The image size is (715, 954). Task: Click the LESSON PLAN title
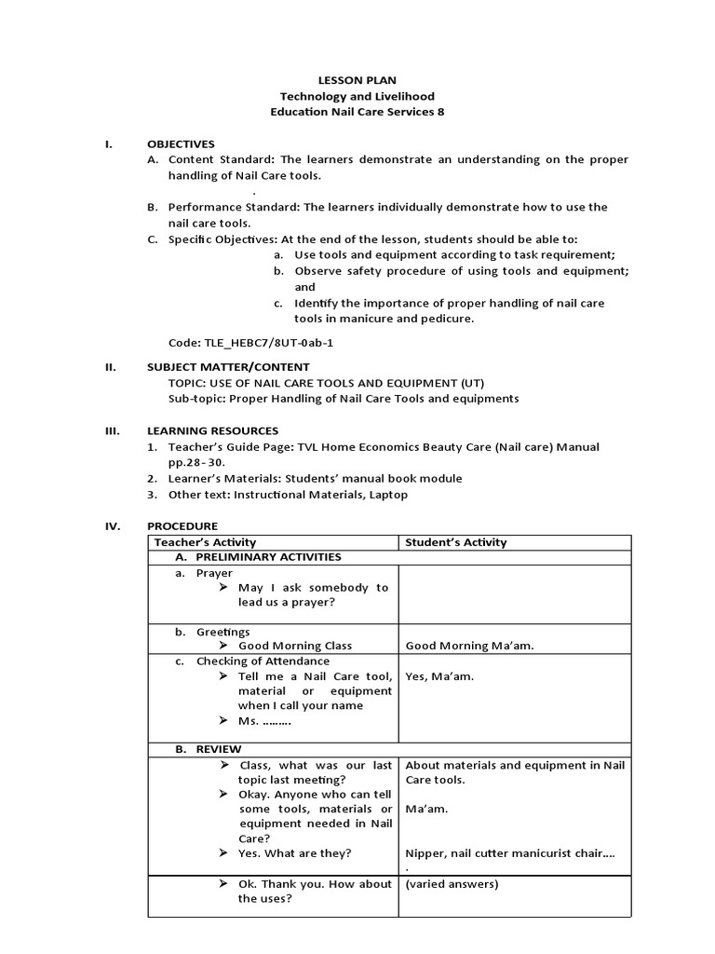pyautogui.click(x=357, y=81)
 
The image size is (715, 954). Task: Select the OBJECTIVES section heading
pyautogui.click(x=181, y=143)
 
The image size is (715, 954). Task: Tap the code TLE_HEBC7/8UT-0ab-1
pyautogui.click(x=250, y=342)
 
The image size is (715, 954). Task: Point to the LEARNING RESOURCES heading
pyautogui.click(x=212, y=430)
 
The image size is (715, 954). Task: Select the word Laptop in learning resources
pyautogui.click(x=387, y=495)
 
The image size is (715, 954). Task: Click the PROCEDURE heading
pyautogui.click(x=182, y=525)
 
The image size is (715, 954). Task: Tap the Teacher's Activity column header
pyautogui.click(x=205, y=542)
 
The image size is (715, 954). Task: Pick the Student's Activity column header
pyautogui.click(x=456, y=542)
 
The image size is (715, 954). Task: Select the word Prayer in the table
pyautogui.click(x=214, y=573)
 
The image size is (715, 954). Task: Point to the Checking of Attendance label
pyautogui.click(x=263, y=661)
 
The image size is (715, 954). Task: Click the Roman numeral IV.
pyautogui.click(x=112, y=525)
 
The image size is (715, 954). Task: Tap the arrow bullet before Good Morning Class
pyautogui.click(x=223, y=646)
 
